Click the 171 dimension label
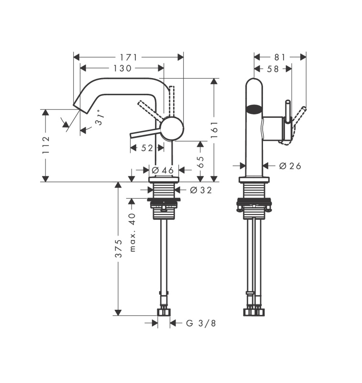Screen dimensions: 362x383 point(128,57)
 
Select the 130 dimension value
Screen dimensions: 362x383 point(122,68)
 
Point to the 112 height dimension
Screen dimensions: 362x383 point(46,145)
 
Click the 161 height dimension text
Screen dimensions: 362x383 point(214,129)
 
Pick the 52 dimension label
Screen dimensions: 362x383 point(147,148)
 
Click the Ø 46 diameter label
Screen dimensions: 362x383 point(163,170)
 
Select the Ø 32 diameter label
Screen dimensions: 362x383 point(201,190)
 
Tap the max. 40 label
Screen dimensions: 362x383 point(132,232)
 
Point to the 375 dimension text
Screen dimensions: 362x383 point(119,248)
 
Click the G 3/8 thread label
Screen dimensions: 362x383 point(201,323)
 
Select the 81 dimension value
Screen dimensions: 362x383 point(280,57)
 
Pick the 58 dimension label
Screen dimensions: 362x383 point(273,69)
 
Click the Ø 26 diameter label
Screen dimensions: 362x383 point(290,166)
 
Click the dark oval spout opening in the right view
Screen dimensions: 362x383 point(254,109)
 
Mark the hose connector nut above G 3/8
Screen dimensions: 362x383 point(164,312)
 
